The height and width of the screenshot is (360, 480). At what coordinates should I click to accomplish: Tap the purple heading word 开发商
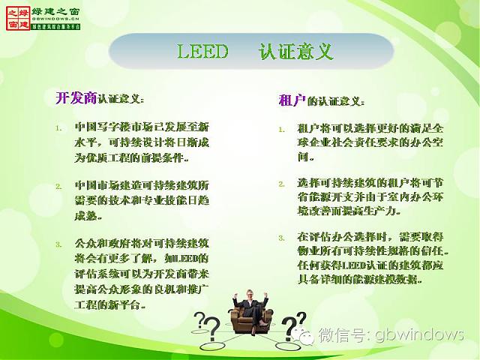point(76,97)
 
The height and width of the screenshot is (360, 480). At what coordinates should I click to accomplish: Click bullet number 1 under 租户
point(281,129)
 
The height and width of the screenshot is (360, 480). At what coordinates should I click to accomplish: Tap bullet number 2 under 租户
point(281,183)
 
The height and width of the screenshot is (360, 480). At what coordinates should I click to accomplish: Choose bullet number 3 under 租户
point(281,238)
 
